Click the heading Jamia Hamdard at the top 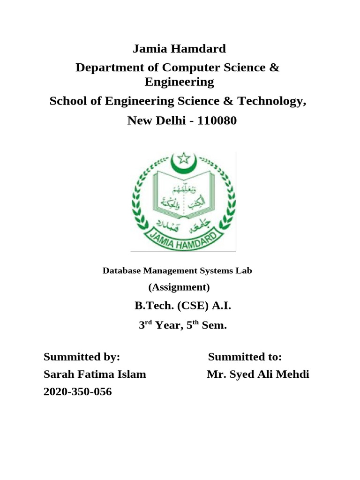pos(180,49)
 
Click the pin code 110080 pos(217,121)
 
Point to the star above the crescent pos(183,157)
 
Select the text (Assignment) pos(179,287)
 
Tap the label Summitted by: pos(82,357)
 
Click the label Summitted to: pos(245,357)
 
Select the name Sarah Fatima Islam pos(95,375)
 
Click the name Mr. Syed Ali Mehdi pos(258,375)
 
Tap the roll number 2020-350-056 pos(78,392)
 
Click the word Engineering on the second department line pos(180,82)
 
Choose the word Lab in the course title pos(245,270)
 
